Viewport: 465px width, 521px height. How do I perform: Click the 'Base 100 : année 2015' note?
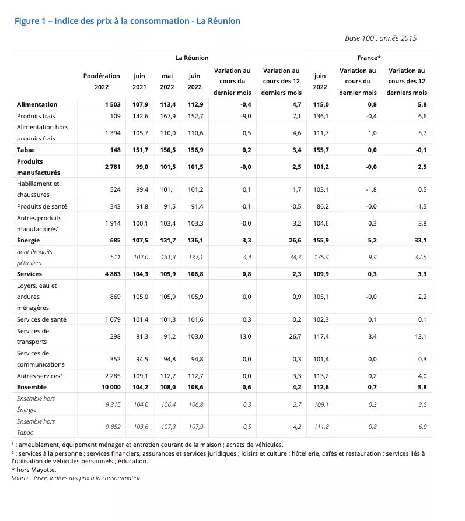click(380, 38)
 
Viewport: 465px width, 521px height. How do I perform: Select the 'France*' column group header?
click(369, 58)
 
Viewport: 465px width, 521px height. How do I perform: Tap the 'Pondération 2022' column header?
click(102, 82)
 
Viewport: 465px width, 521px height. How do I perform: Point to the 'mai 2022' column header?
click(167, 82)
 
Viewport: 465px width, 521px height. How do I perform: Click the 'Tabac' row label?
click(26, 149)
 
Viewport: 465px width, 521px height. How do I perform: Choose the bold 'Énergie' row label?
click(29, 240)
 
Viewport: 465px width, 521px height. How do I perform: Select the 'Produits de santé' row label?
click(41, 206)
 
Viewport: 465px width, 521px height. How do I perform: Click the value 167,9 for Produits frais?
click(167, 116)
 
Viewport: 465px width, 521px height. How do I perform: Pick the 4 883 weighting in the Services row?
click(110, 274)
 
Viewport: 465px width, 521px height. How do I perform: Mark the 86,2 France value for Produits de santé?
click(320, 206)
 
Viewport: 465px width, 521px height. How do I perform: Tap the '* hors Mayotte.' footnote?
click(34, 469)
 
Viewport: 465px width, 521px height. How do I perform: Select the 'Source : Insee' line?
click(76, 478)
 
